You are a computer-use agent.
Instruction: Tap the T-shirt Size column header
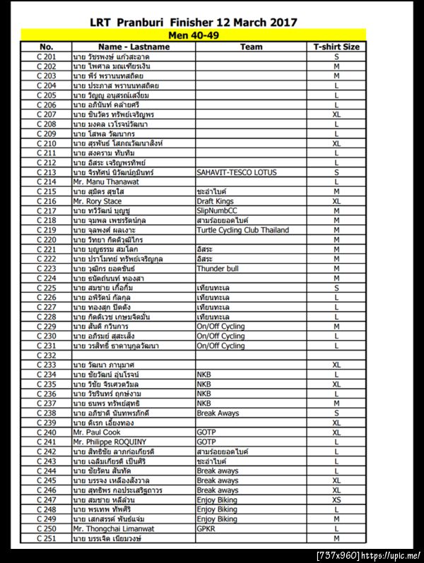tap(336, 47)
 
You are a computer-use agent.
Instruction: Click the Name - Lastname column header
tap(134, 47)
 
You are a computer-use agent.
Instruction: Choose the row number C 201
tap(47, 56)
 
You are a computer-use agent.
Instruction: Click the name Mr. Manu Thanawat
tap(106, 181)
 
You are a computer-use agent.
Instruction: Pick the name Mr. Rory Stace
tap(98, 201)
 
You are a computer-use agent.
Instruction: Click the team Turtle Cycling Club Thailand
tap(242, 230)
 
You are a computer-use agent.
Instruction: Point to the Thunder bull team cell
tap(217, 269)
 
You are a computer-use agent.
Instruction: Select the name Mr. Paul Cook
tap(97, 432)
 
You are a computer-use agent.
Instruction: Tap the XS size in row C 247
tap(336, 500)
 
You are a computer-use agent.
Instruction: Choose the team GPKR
tap(207, 528)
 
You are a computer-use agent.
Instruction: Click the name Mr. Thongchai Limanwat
tap(113, 528)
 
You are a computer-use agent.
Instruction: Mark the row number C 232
tap(47, 356)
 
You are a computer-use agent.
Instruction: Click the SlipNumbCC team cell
tap(217, 210)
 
